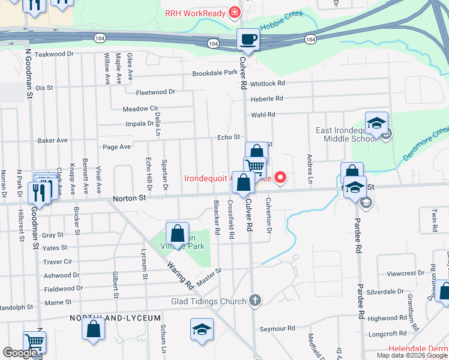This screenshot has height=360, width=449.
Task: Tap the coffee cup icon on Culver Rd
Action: (x=248, y=40)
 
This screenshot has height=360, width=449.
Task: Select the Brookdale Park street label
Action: (x=215, y=73)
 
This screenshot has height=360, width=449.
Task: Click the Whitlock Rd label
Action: (x=268, y=84)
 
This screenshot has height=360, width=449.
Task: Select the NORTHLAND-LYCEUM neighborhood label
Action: (x=115, y=317)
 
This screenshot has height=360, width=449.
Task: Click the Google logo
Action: (x=20, y=353)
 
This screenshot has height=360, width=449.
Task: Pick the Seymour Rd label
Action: (x=277, y=329)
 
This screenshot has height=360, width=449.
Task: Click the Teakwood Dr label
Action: (x=53, y=54)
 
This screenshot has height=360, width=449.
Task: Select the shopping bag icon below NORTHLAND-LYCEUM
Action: (x=93, y=329)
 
